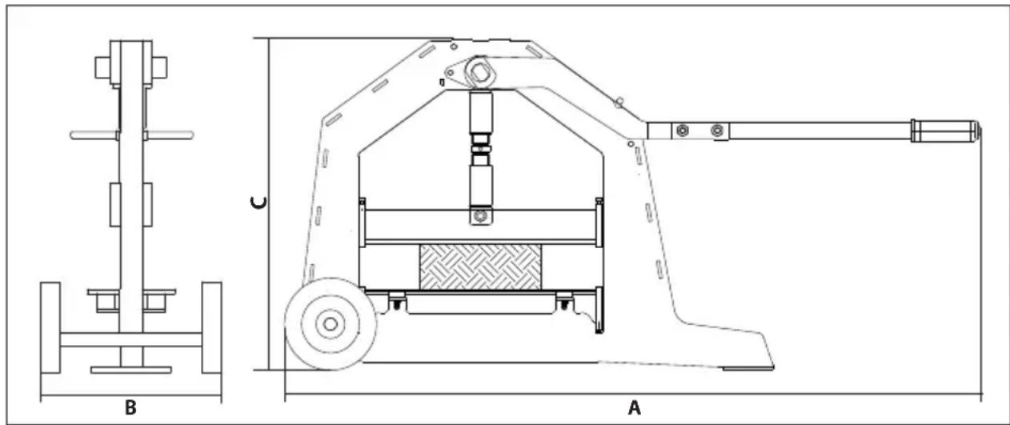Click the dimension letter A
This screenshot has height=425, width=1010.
(x=634, y=407)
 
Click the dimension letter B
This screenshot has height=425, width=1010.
(x=130, y=407)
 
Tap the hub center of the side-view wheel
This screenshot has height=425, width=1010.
(x=330, y=324)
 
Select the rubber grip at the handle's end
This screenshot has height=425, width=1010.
(x=945, y=130)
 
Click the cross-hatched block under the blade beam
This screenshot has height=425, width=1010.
(x=481, y=267)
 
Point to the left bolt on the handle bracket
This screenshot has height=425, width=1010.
(x=682, y=130)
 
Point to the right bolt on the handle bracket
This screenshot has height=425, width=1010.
(x=716, y=130)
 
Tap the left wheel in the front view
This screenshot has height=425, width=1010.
(x=50, y=327)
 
